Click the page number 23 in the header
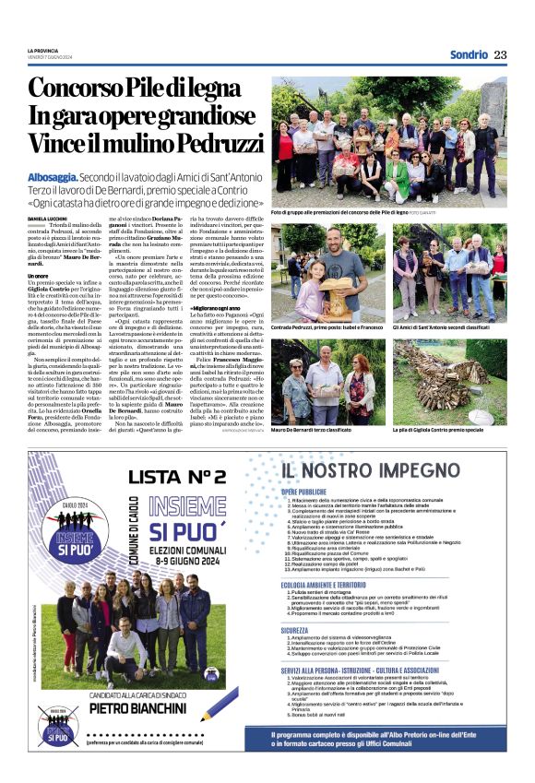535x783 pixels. coord(501,54)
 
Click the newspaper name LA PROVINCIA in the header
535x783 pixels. coord(43,51)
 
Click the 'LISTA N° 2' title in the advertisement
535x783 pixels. coord(177,476)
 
